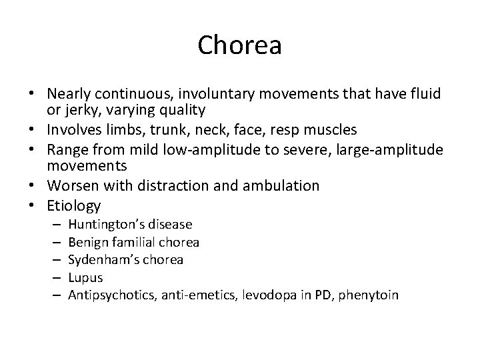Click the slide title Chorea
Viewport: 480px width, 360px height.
240,46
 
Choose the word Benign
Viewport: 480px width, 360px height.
87,242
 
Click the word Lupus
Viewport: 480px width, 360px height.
85,277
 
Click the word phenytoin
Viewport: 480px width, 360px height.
369,294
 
